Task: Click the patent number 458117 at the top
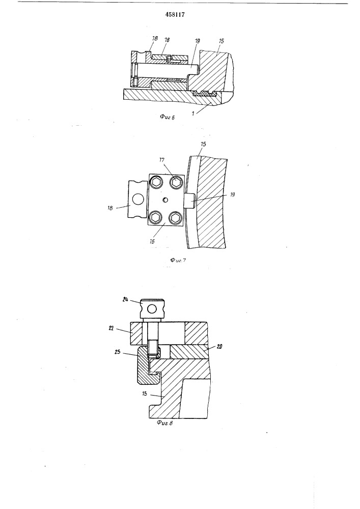[x=175, y=15]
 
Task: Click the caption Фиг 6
[x=168, y=117]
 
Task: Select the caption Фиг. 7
[x=178, y=260]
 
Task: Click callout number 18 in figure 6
[x=155, y=38]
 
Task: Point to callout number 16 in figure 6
[x=167, y=40]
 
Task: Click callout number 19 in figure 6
[x=198, y=41]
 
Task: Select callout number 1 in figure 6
[x=193, y=114]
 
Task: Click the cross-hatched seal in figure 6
[x=204, y=94]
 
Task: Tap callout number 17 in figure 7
[x=161, y=160]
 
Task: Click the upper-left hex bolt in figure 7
[x=155, y=182]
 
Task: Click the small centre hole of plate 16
[x=165, y=200]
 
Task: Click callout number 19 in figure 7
[x=232, y=195]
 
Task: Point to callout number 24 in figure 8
[x=125, y=299]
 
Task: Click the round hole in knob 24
[x=152, y=309]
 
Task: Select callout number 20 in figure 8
[x=219, y=347]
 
